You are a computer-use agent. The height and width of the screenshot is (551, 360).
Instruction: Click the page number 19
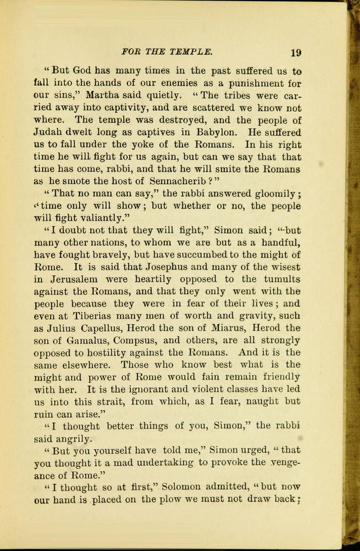point(295,53)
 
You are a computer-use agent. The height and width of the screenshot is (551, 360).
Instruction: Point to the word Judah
point(51,132)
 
